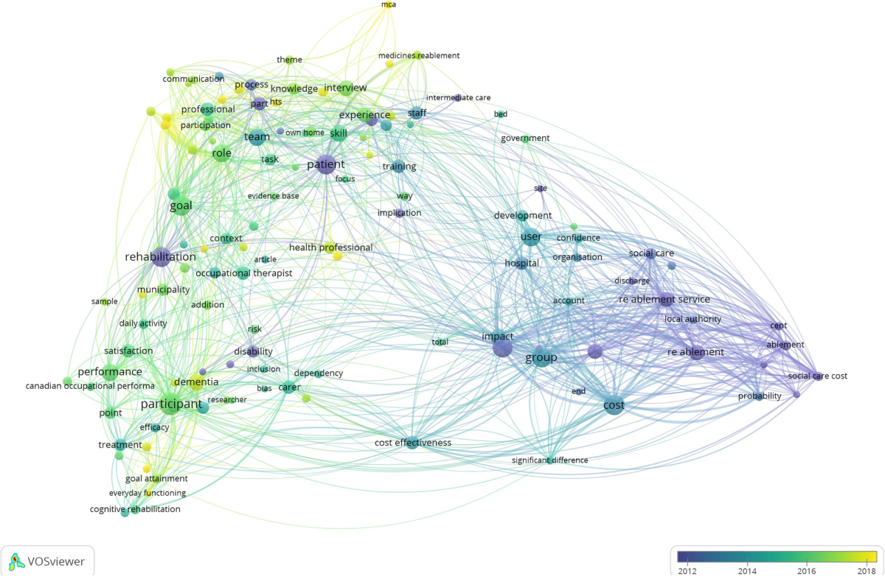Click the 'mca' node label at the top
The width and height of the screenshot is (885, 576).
tap(388, 5)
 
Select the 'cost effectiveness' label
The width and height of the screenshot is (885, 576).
tap(413, 443)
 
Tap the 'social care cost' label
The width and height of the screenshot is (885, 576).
tap(817, 376)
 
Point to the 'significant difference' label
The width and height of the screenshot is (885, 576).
tap(550, 460)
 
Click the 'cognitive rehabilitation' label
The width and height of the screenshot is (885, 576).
tap(135, 509)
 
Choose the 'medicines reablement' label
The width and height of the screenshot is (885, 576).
tap(419, 55)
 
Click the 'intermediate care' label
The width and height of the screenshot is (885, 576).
tap(458, 97)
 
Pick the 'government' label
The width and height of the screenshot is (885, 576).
tap(525, 138)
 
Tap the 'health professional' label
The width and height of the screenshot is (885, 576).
tap(330, 247)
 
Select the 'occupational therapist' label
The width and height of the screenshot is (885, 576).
tap(243, 273)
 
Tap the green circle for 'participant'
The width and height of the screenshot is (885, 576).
tap(170, 404)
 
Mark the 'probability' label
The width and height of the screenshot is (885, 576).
tap(760, 396)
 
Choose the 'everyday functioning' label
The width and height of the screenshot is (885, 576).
tap(147, 493)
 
